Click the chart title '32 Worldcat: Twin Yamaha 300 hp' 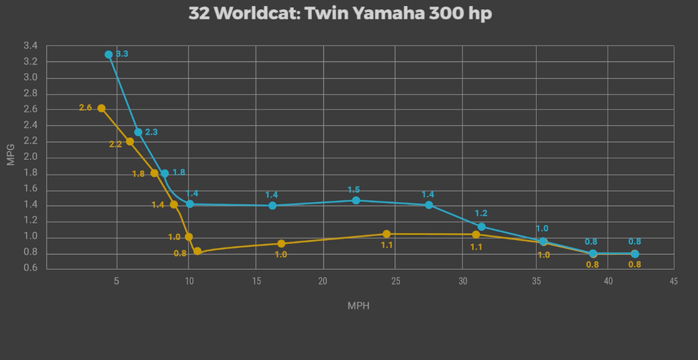340,14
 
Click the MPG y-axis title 10,156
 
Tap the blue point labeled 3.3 109,55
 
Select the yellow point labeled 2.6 101,108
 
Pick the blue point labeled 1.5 356,200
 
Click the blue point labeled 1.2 481,227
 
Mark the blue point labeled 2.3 138,132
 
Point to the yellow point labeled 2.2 129,141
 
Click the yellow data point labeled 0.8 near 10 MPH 197,251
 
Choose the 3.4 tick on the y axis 30,46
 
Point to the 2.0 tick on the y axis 30,157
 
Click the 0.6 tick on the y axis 30,269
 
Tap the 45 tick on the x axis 674,281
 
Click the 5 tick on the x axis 117,281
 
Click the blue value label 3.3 122,54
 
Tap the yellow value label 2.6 85,107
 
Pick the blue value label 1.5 354,190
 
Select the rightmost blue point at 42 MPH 635,254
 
